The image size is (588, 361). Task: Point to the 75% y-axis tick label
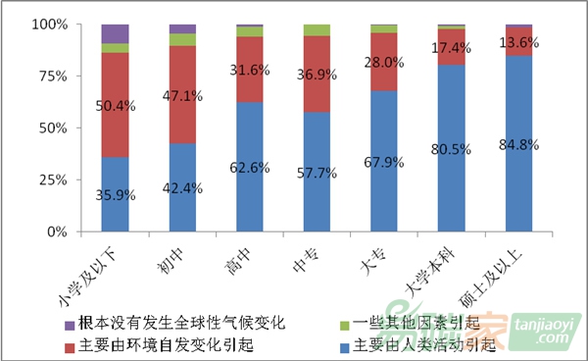click(x=48, y=76)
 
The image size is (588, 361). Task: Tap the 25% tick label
click(x=48, y=180)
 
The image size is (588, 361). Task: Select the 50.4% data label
click(x=115, y=106)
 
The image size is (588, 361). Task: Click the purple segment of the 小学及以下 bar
click(x=115, y=33)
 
